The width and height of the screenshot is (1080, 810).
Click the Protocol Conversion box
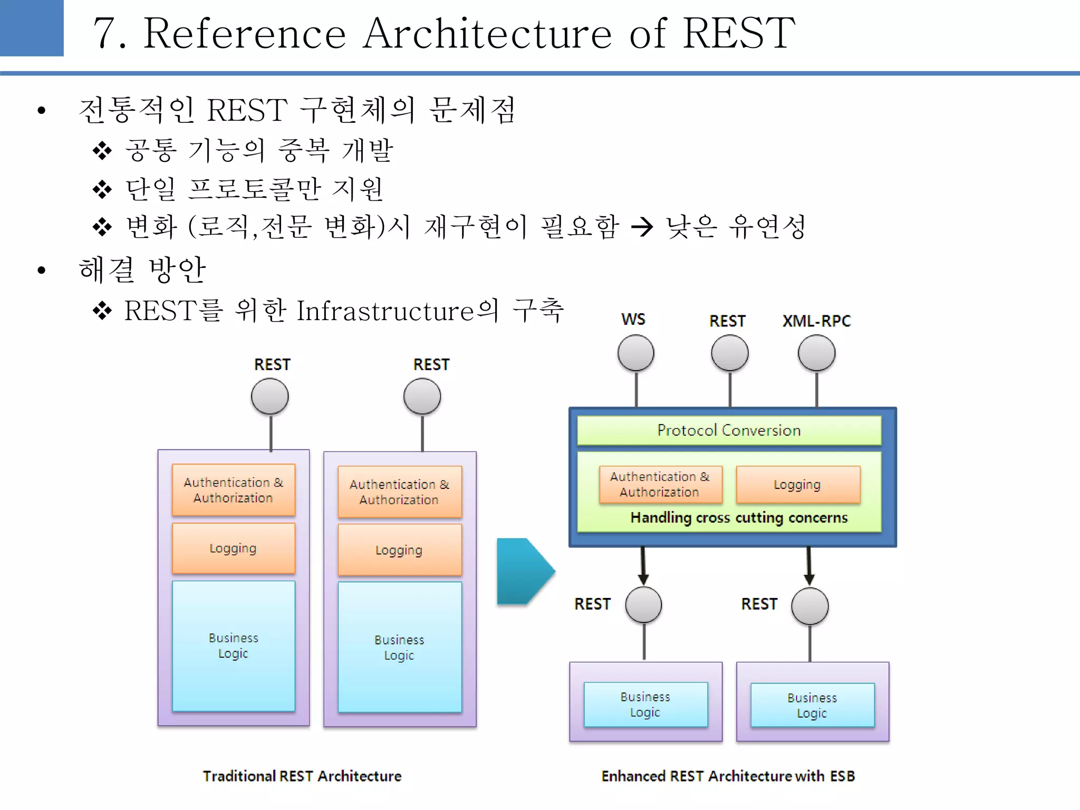(729, 430)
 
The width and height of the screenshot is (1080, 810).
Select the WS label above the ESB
(633, 320)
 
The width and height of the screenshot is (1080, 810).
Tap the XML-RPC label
(816, 321)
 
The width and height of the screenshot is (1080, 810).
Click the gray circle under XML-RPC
(816, 353)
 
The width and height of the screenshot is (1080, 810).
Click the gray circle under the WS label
(636, 353)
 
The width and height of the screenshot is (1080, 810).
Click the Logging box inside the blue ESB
(797, 485)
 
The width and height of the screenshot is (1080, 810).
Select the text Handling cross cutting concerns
(739, 518)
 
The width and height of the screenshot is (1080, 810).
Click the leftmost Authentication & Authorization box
(233, 490)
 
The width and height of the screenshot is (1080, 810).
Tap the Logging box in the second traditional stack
(399, 550)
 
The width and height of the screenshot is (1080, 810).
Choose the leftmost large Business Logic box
(233, 645)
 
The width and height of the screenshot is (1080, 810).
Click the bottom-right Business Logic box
(812, 705)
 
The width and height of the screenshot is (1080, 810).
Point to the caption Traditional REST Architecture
(302, 776)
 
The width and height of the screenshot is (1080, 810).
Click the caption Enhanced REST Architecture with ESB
(728, 776)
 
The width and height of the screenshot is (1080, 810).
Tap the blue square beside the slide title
(32, 27)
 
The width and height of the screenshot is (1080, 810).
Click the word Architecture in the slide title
(487, 33)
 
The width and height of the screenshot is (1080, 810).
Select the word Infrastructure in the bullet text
(385, 311)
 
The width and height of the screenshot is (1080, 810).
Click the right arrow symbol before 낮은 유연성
(642, 227)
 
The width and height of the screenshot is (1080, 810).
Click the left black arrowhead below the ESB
(643, 579)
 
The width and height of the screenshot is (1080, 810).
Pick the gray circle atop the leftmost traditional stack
(270, 397)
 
